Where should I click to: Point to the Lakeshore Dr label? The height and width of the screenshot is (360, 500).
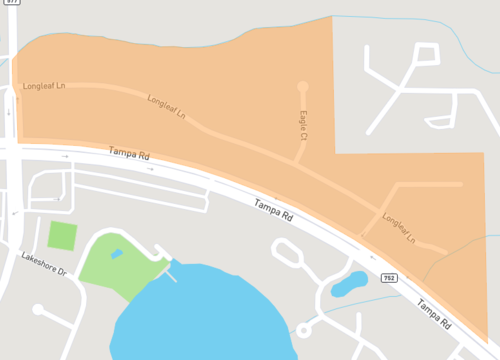tap(43, 264)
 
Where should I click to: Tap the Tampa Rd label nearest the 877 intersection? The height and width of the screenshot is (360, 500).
tap(127, 157)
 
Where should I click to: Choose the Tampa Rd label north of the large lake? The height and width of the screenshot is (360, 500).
tap(273, 209)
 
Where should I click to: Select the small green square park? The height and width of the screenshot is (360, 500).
tap(62, 236)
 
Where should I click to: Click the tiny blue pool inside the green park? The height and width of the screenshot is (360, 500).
tap(117, 254)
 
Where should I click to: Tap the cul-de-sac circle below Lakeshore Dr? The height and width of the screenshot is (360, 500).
tap(38, 310)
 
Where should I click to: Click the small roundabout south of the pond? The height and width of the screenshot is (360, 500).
tap(303, 329)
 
